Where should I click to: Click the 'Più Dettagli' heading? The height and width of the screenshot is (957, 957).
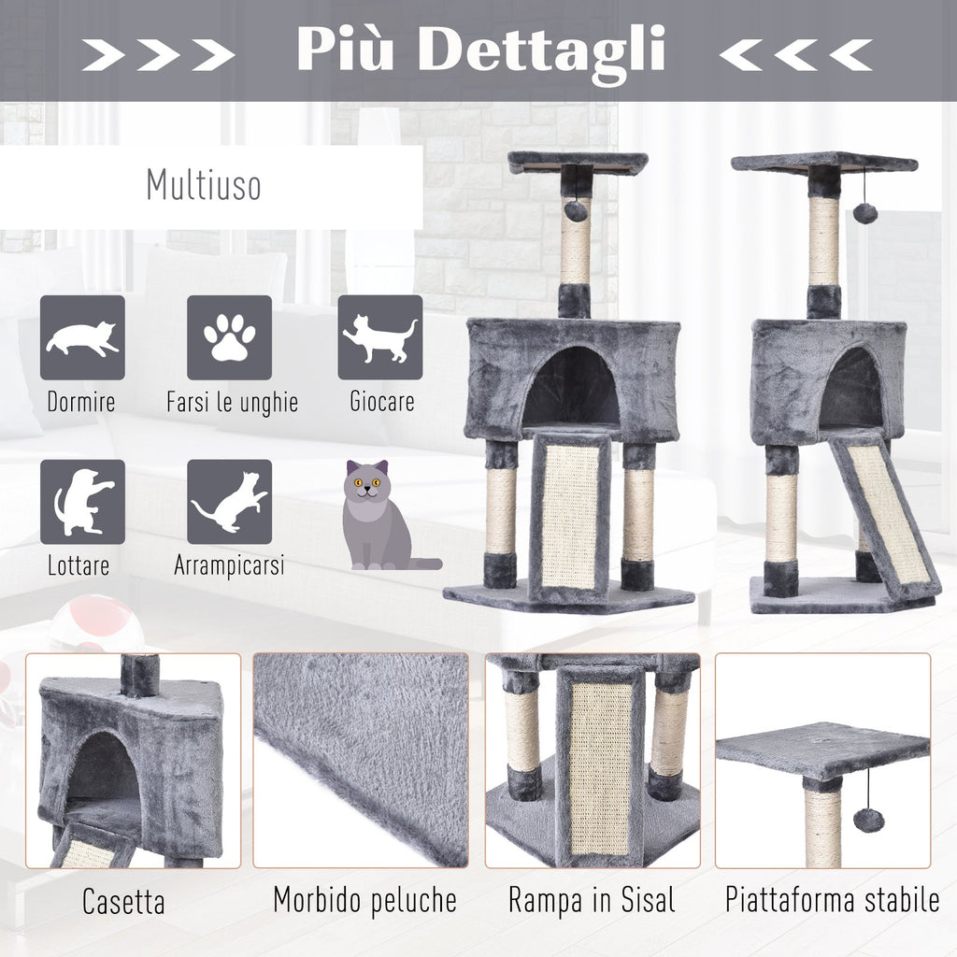tap(480, 51)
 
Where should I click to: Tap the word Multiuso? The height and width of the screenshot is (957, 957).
tap(204, 184)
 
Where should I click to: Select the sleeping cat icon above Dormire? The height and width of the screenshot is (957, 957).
tap(82, 337)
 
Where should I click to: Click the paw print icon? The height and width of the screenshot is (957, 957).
tap(230, 337)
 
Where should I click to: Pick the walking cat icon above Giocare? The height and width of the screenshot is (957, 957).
tap(380, 337)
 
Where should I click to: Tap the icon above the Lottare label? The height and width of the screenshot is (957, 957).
tap(82, 502)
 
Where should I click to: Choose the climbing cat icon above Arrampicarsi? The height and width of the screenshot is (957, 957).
tap(230, 502)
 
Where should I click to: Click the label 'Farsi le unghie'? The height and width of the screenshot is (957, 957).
tap(233, 402)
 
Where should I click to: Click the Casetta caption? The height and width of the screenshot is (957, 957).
tap(123, 902)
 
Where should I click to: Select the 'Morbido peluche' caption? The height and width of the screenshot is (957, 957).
tap(365, 901)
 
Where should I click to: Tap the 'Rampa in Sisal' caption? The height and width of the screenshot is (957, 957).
tap(592, 901)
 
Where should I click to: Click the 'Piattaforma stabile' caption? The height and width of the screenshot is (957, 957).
tap(832, 900)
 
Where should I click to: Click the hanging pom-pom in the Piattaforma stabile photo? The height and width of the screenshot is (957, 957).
tap(868, 819)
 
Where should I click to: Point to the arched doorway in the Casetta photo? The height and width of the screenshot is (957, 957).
tap(103, 774)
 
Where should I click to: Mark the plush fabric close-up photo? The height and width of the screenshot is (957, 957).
tap(361, 761)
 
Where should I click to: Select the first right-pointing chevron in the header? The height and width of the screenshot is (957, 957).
tap(103, 55)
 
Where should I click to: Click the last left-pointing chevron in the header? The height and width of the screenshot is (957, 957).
tap(850, 55)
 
